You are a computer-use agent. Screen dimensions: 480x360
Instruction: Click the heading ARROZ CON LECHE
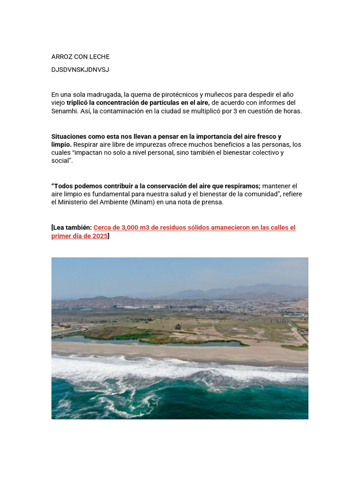click(x=80, y=57)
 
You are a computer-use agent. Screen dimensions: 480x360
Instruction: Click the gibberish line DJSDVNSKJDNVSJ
click(x=80, y=70)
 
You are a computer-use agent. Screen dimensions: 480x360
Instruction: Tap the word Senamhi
click(x=64, y=111)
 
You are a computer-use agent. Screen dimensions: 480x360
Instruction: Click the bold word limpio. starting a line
click(x=61, y=144)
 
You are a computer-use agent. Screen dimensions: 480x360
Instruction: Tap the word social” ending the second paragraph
click(x=61, y=161)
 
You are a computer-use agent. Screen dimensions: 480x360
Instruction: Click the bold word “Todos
click(x=62, y=186)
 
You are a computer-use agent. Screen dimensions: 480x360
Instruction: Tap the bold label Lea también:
click(x=73, y=228)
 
